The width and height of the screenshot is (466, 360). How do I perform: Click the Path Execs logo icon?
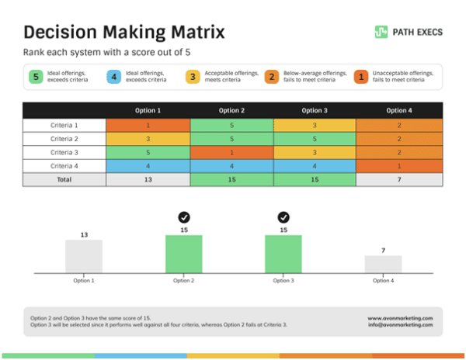click(x=381, y=32)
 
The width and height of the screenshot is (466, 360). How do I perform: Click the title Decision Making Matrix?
click(x=124, y=32)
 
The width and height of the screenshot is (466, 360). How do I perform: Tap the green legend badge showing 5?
click(x=35, y=77)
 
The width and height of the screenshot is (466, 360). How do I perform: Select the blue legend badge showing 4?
click(x=114, y=77)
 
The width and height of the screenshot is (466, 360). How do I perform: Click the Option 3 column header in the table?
click(x=315, y=110)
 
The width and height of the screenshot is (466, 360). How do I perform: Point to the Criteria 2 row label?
click(x=64, y=138)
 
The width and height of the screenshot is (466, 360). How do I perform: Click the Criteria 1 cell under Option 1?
click(x=148, y=125)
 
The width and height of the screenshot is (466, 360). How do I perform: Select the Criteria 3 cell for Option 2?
click(x=231, y=152)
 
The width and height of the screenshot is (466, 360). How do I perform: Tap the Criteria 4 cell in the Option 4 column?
click(x=398, y=165)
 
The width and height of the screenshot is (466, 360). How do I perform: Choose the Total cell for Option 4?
click(x=398, y=179)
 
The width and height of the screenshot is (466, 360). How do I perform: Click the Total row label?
click(x=64, y=179)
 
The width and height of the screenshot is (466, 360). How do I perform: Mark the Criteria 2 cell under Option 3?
click(x=315, y=138)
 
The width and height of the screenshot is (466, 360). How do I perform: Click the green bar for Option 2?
click(x=184, y=254)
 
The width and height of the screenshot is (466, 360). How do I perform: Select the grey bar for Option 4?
click(x=383, y=264)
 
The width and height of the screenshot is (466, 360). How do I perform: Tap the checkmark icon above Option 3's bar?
click(x=283, y=217)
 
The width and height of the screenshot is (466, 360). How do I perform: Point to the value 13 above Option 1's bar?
click(x=84, y=234)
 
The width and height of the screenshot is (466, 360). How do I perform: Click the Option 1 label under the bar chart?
click(x=84, y=280)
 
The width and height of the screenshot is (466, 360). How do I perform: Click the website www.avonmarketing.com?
click(x=400, y=318)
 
